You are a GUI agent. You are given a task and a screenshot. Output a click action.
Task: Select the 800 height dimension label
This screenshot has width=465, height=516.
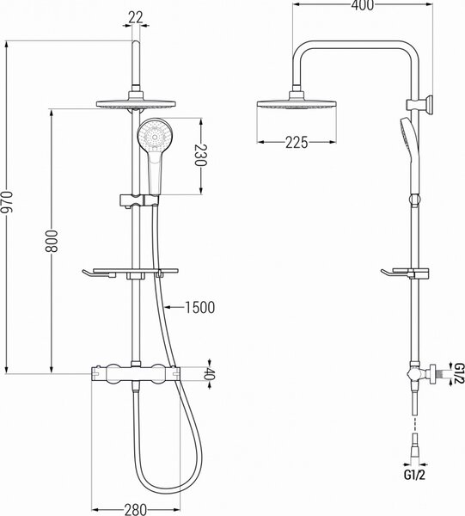click(x=52, y=241)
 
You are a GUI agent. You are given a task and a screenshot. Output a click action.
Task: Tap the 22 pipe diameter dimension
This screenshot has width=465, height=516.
click(x=136, y=17)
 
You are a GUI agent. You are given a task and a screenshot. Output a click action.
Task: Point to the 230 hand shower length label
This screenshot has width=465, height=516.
click(x=200, y=156)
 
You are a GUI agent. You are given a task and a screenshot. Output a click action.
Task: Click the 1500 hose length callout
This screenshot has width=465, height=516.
click(x=200, y=307)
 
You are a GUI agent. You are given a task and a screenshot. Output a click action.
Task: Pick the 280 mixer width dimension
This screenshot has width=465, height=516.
click(x=135, y=509)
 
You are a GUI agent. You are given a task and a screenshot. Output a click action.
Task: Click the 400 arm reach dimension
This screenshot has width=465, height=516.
click(x=363, y=5)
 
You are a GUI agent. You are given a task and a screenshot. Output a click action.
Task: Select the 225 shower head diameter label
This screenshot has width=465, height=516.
click(x=297, y=143)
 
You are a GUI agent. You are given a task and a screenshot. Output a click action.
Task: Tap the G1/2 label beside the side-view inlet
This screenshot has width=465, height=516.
click(x=459, y=373)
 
